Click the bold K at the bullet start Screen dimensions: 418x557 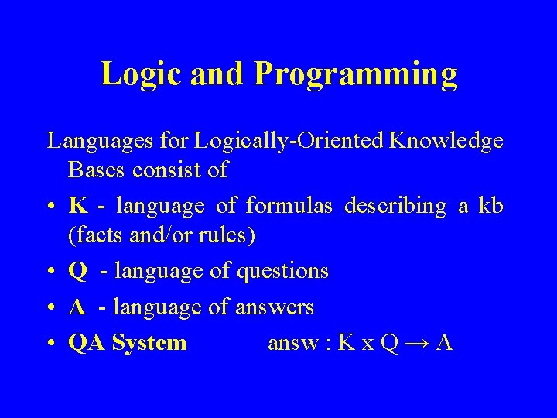[77, 206]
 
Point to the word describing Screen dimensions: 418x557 [395, 206]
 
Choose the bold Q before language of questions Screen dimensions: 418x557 [77, 272]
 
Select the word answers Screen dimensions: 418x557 [275, 307]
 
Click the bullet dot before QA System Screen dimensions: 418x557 [51, 344]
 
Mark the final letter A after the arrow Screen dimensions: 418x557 [444, 342]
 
